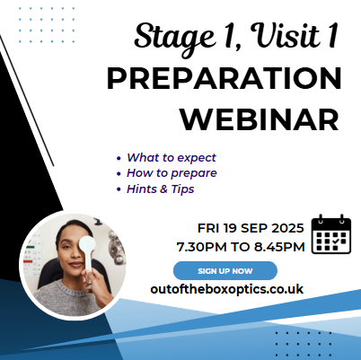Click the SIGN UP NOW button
coord(225,270)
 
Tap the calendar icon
coord(331,234)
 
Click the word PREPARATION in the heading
coord(224,79)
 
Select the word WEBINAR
coord(260,119)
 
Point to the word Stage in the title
coord(174,38)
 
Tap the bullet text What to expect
coord(172,157)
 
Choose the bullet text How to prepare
coord(172,173)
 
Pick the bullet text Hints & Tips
coord(161,189)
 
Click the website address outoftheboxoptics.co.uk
coord(227,289)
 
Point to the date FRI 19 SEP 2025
coord(251,228)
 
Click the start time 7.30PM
coord(201,247)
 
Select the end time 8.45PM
coord(279,247)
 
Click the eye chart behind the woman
coord(31,254)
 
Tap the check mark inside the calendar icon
coord(336,241)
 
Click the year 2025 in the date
coord(287,228)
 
